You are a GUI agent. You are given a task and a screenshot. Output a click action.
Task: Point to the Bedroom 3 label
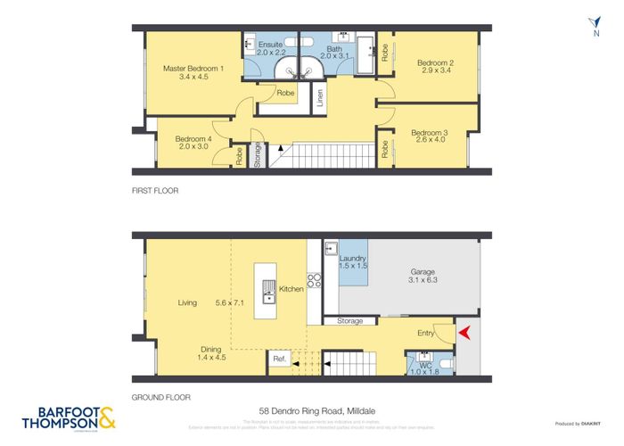pos(429,137)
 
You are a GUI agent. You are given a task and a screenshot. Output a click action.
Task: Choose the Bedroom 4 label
pos(193,144)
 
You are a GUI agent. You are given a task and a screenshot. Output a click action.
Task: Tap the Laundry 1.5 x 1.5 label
pos(354,262)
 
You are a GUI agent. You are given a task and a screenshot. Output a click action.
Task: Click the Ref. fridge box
pos(279,359)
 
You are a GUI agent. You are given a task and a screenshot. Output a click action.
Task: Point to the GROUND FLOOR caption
pos(161,398)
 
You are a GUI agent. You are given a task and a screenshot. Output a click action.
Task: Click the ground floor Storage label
pos(349,320)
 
